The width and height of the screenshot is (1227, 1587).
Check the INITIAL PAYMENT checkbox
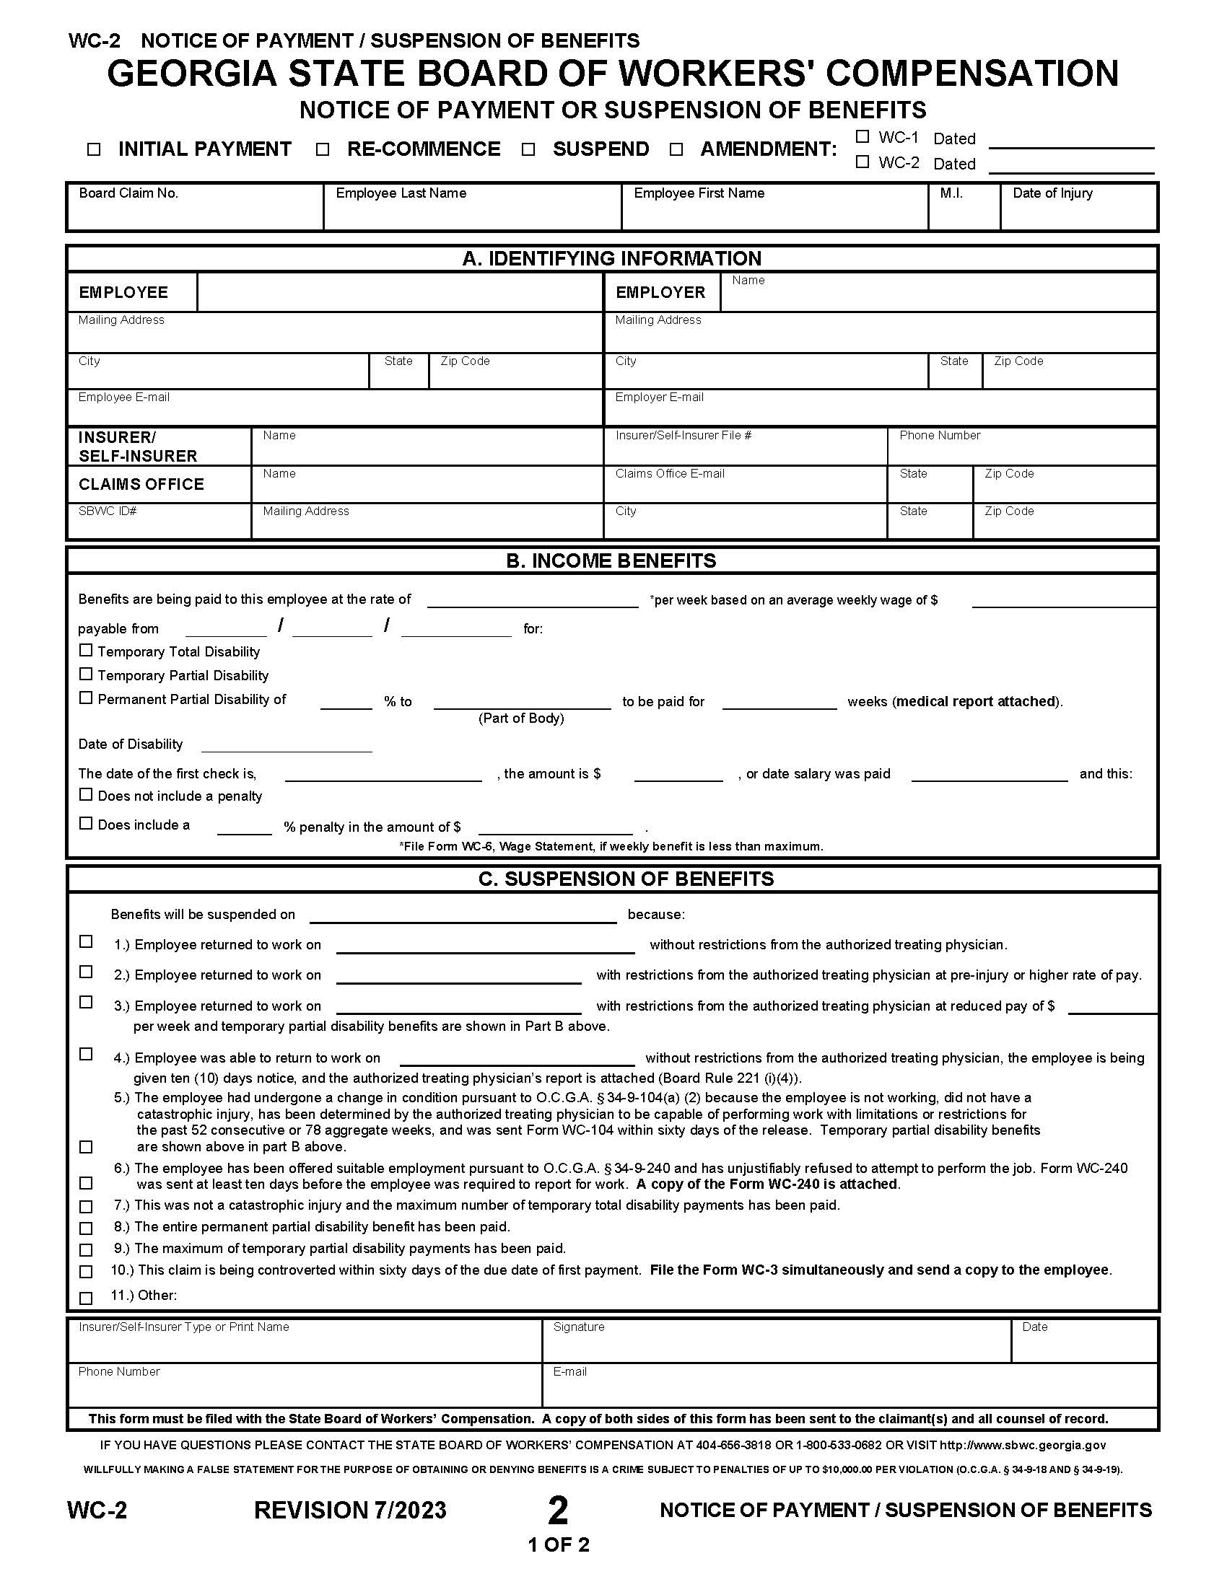pyautogui.click(x=94, y=150)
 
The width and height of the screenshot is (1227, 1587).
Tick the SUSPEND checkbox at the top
pyautogui.click(x=528, y=150)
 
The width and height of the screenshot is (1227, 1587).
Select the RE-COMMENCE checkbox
pyautogui.click(x=323, y=150)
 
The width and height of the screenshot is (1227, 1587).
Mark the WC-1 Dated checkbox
pyautogui.click(x=862, y=136)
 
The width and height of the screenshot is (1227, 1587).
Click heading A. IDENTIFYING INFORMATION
pyautogui.click(x=612, y=259)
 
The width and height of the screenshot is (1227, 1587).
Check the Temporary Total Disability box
pyautogui.click(x=86, y=651)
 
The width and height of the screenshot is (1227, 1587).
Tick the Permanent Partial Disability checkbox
pyautogui.click(x=86, y=698)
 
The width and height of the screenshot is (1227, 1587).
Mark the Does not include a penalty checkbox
pyautogui.click(x=86, y=795)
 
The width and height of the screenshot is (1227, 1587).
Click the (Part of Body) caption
pyautogui.click(x=521, y=718)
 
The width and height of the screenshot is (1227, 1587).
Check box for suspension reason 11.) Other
pyautogui.click(x=86, y=1298)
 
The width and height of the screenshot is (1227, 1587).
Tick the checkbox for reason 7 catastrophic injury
pyautogui.click(x=86, y=1207)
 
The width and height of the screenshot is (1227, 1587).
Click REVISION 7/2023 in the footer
pyautogui.click(x=350, y=1510)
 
